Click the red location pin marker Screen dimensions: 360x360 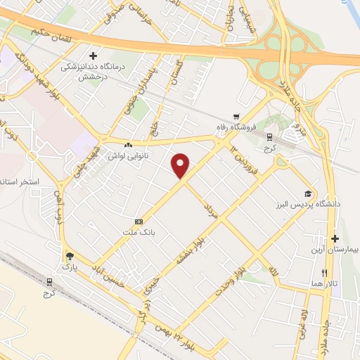click(x=181, y=165)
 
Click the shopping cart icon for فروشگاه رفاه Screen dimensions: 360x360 click(x=238, y=117)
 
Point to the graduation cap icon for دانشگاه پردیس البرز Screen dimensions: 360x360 click(x=307, y=193)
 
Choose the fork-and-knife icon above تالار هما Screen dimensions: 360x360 click(x=324, y=272)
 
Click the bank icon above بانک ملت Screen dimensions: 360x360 click(x=139, y=221)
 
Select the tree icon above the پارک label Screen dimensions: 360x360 click(x=69, y=257)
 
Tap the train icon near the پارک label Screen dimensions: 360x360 click(x=49, y=281)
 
